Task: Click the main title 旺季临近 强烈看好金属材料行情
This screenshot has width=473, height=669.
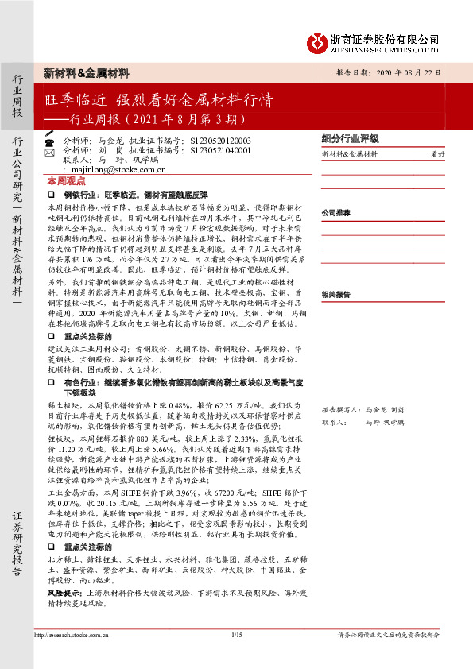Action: click(159, 101)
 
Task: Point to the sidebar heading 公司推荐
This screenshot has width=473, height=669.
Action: click(336, 214)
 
